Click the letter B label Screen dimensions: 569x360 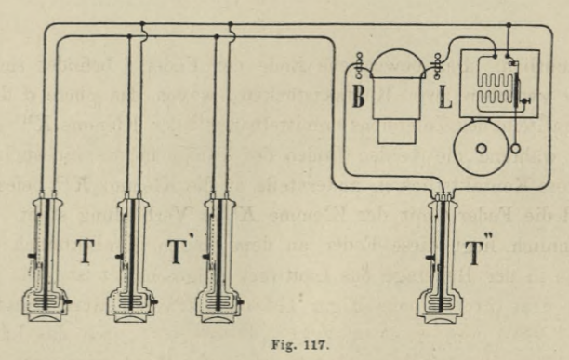359,98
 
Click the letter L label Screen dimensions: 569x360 445,98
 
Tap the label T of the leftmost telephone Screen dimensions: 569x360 86,251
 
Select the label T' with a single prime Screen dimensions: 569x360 178,250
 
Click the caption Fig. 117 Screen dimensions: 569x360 300,344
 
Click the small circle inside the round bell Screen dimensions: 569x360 482,149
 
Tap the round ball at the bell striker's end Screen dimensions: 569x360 515,148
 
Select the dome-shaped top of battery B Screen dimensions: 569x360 398,64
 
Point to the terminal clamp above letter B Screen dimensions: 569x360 360,66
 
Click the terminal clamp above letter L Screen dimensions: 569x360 437,66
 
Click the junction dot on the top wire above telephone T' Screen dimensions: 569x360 142,24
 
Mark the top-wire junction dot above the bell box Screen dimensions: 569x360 509,25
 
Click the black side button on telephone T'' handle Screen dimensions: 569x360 430,258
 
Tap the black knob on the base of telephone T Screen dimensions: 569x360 68,301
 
